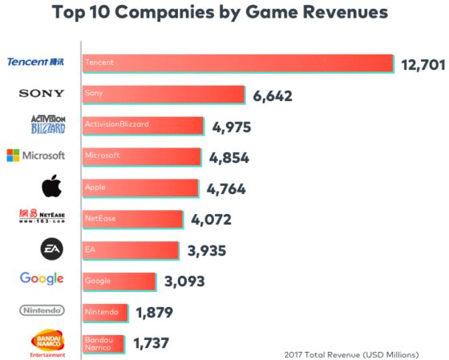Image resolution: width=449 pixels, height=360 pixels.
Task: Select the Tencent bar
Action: tap(237, 63)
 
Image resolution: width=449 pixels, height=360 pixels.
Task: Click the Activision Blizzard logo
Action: tap(42, 124)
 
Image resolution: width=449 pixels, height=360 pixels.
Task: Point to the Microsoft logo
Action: tap(35, 155)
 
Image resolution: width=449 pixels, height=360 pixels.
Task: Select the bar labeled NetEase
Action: tap(133, 218)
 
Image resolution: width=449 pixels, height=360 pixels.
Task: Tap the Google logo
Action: tap(42, 279)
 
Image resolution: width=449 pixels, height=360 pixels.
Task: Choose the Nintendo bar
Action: tap(104, 311)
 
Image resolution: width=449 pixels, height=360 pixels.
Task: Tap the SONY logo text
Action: tap(42, 94)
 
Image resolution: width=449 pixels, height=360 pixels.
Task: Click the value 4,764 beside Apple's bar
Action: tap(226, 189)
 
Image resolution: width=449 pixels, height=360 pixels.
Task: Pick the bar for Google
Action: tap(119, 281)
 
